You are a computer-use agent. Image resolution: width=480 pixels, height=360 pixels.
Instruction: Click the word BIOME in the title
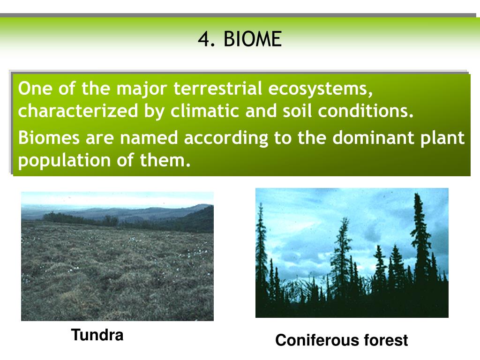[253, 39]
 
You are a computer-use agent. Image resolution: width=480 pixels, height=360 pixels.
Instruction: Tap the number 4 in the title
[204, 39]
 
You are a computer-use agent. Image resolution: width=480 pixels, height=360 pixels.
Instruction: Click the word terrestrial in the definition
[217, 89]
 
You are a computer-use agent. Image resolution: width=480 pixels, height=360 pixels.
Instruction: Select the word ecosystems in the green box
[321, 89]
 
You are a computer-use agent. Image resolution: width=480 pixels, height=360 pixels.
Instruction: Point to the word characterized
[78, 111]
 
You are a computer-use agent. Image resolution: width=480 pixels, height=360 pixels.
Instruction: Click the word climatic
[204, 111]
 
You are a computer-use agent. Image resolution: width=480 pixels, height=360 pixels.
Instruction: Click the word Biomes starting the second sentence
[49, 138]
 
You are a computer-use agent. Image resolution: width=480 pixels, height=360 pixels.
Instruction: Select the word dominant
[373, 138]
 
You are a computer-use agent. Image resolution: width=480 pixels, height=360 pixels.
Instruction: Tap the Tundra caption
[97, 335]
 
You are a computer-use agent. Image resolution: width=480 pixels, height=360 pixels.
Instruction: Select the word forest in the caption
[386, 340]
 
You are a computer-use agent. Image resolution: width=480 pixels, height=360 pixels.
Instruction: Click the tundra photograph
[117, 256]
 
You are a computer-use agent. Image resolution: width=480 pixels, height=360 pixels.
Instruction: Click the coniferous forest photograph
[352, 253]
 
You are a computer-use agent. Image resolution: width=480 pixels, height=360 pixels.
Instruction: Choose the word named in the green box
[149, 138]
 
